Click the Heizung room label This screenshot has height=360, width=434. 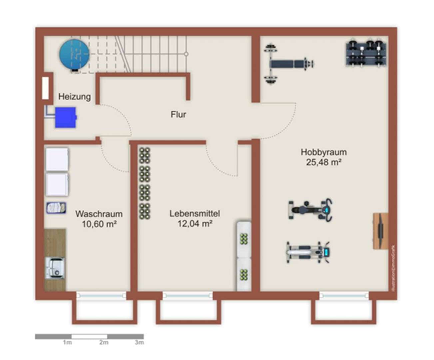point(74,97)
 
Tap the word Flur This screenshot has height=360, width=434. point(178,114)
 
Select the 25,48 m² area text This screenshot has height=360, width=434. point(324,162)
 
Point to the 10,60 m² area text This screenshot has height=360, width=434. point(99,224)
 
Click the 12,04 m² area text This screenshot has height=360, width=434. point(195,224)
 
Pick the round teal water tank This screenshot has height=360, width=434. point(74,54)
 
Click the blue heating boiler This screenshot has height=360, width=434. point(66,117)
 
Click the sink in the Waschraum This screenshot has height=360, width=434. point(55,268)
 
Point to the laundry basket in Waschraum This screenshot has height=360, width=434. point(56,208)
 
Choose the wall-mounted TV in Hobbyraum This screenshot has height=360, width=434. point(381,231)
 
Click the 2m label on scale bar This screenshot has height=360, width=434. point(104,342)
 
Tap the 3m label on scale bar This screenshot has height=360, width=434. point(139,342)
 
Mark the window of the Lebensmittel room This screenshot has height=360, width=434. point(188,295)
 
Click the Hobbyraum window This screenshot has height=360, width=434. point(344,295)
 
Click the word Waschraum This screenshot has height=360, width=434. point(99,214)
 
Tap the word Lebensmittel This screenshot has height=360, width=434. point(195,213)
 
